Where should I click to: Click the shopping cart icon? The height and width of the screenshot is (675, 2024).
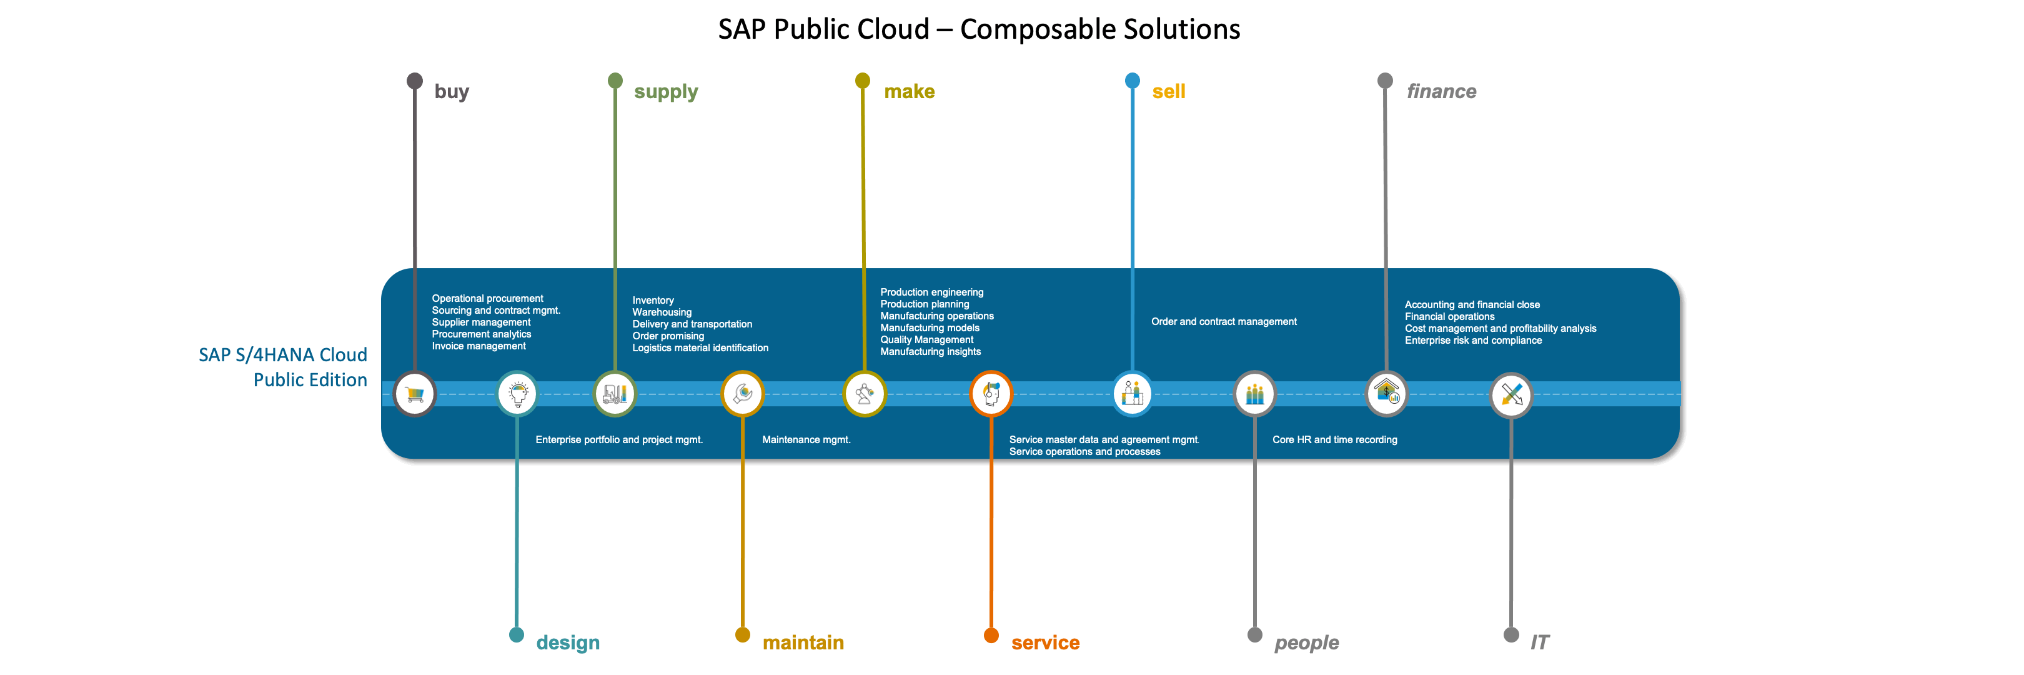pos(415,394)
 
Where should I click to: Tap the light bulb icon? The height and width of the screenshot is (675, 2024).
pos(518,394)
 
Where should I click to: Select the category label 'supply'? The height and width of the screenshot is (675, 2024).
pos(665,92)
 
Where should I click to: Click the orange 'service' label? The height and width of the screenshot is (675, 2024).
pos(1045,642)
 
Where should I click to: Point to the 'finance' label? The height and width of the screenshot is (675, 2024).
pos(1441,92)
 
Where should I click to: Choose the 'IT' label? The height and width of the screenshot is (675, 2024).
pos(1539,642)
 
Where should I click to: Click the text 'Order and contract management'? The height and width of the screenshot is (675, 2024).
pos(1223,321)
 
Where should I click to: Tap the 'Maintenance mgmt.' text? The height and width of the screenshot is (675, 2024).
pos(806,440)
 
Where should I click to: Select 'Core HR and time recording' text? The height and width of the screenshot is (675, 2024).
pos(1334,440)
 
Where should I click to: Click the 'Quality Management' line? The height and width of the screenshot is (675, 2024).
pos(926,340)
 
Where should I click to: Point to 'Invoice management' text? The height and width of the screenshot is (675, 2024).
pos(479,346)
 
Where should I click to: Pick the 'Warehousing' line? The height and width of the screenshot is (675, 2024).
pos(662,312)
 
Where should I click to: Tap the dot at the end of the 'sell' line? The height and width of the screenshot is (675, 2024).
pos(1132,80)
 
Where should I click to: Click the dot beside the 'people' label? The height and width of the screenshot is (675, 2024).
pos(1255,635)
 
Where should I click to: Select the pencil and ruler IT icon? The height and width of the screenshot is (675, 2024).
pos(1511,394)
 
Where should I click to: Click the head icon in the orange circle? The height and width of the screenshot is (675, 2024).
pos(991,394)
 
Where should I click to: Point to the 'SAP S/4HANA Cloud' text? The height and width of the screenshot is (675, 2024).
pos(283,355)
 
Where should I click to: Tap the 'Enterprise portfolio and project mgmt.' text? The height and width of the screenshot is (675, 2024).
pos(619,440)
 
